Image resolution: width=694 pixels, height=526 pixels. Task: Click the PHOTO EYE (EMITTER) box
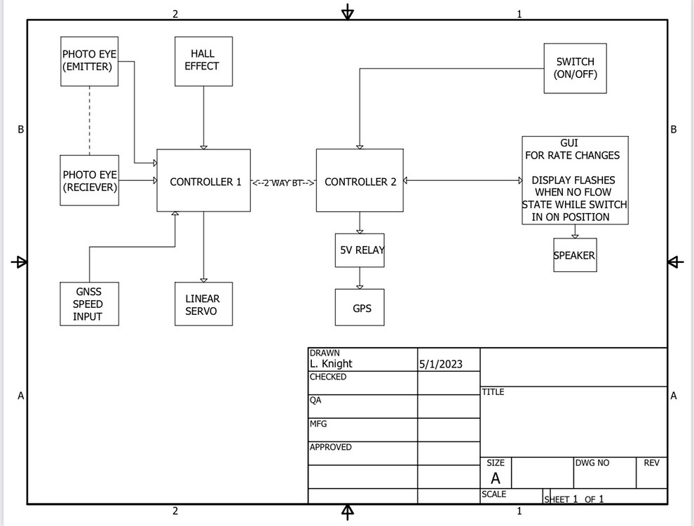tap(89, 61)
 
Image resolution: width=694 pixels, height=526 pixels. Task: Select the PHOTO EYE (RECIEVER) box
tap(89, 181)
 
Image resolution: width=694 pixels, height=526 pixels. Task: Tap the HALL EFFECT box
tap(203, 61)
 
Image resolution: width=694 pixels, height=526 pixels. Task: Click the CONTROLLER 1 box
tap(203, 181)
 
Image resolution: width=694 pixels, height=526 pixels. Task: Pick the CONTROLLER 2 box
tap(360, 181)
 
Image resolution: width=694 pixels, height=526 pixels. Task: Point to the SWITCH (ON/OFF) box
tap(575, 68)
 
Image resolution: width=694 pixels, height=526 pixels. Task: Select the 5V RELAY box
tap(360, 250)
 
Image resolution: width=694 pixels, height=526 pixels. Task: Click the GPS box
tap(360, 308)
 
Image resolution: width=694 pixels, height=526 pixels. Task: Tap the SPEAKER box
tap(575, 256)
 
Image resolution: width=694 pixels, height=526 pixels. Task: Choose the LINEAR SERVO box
tap(203, 304)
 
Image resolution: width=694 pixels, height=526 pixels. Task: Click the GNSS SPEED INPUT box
tap(89, 304)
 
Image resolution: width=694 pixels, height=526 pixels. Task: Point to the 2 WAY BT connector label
tap(283, 182)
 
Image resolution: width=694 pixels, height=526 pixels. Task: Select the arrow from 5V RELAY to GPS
tap(360, 278)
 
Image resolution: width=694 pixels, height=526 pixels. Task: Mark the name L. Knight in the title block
tap(331, 364)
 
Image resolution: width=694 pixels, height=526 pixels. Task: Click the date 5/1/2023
tap(441, 365)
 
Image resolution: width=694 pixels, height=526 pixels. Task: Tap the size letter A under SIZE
tap(496, 479)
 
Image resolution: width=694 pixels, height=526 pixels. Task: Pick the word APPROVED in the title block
tap(331, 447)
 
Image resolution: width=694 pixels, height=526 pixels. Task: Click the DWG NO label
tap(592, 463)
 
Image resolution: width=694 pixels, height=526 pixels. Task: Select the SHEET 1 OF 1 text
tap(573, 499)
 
